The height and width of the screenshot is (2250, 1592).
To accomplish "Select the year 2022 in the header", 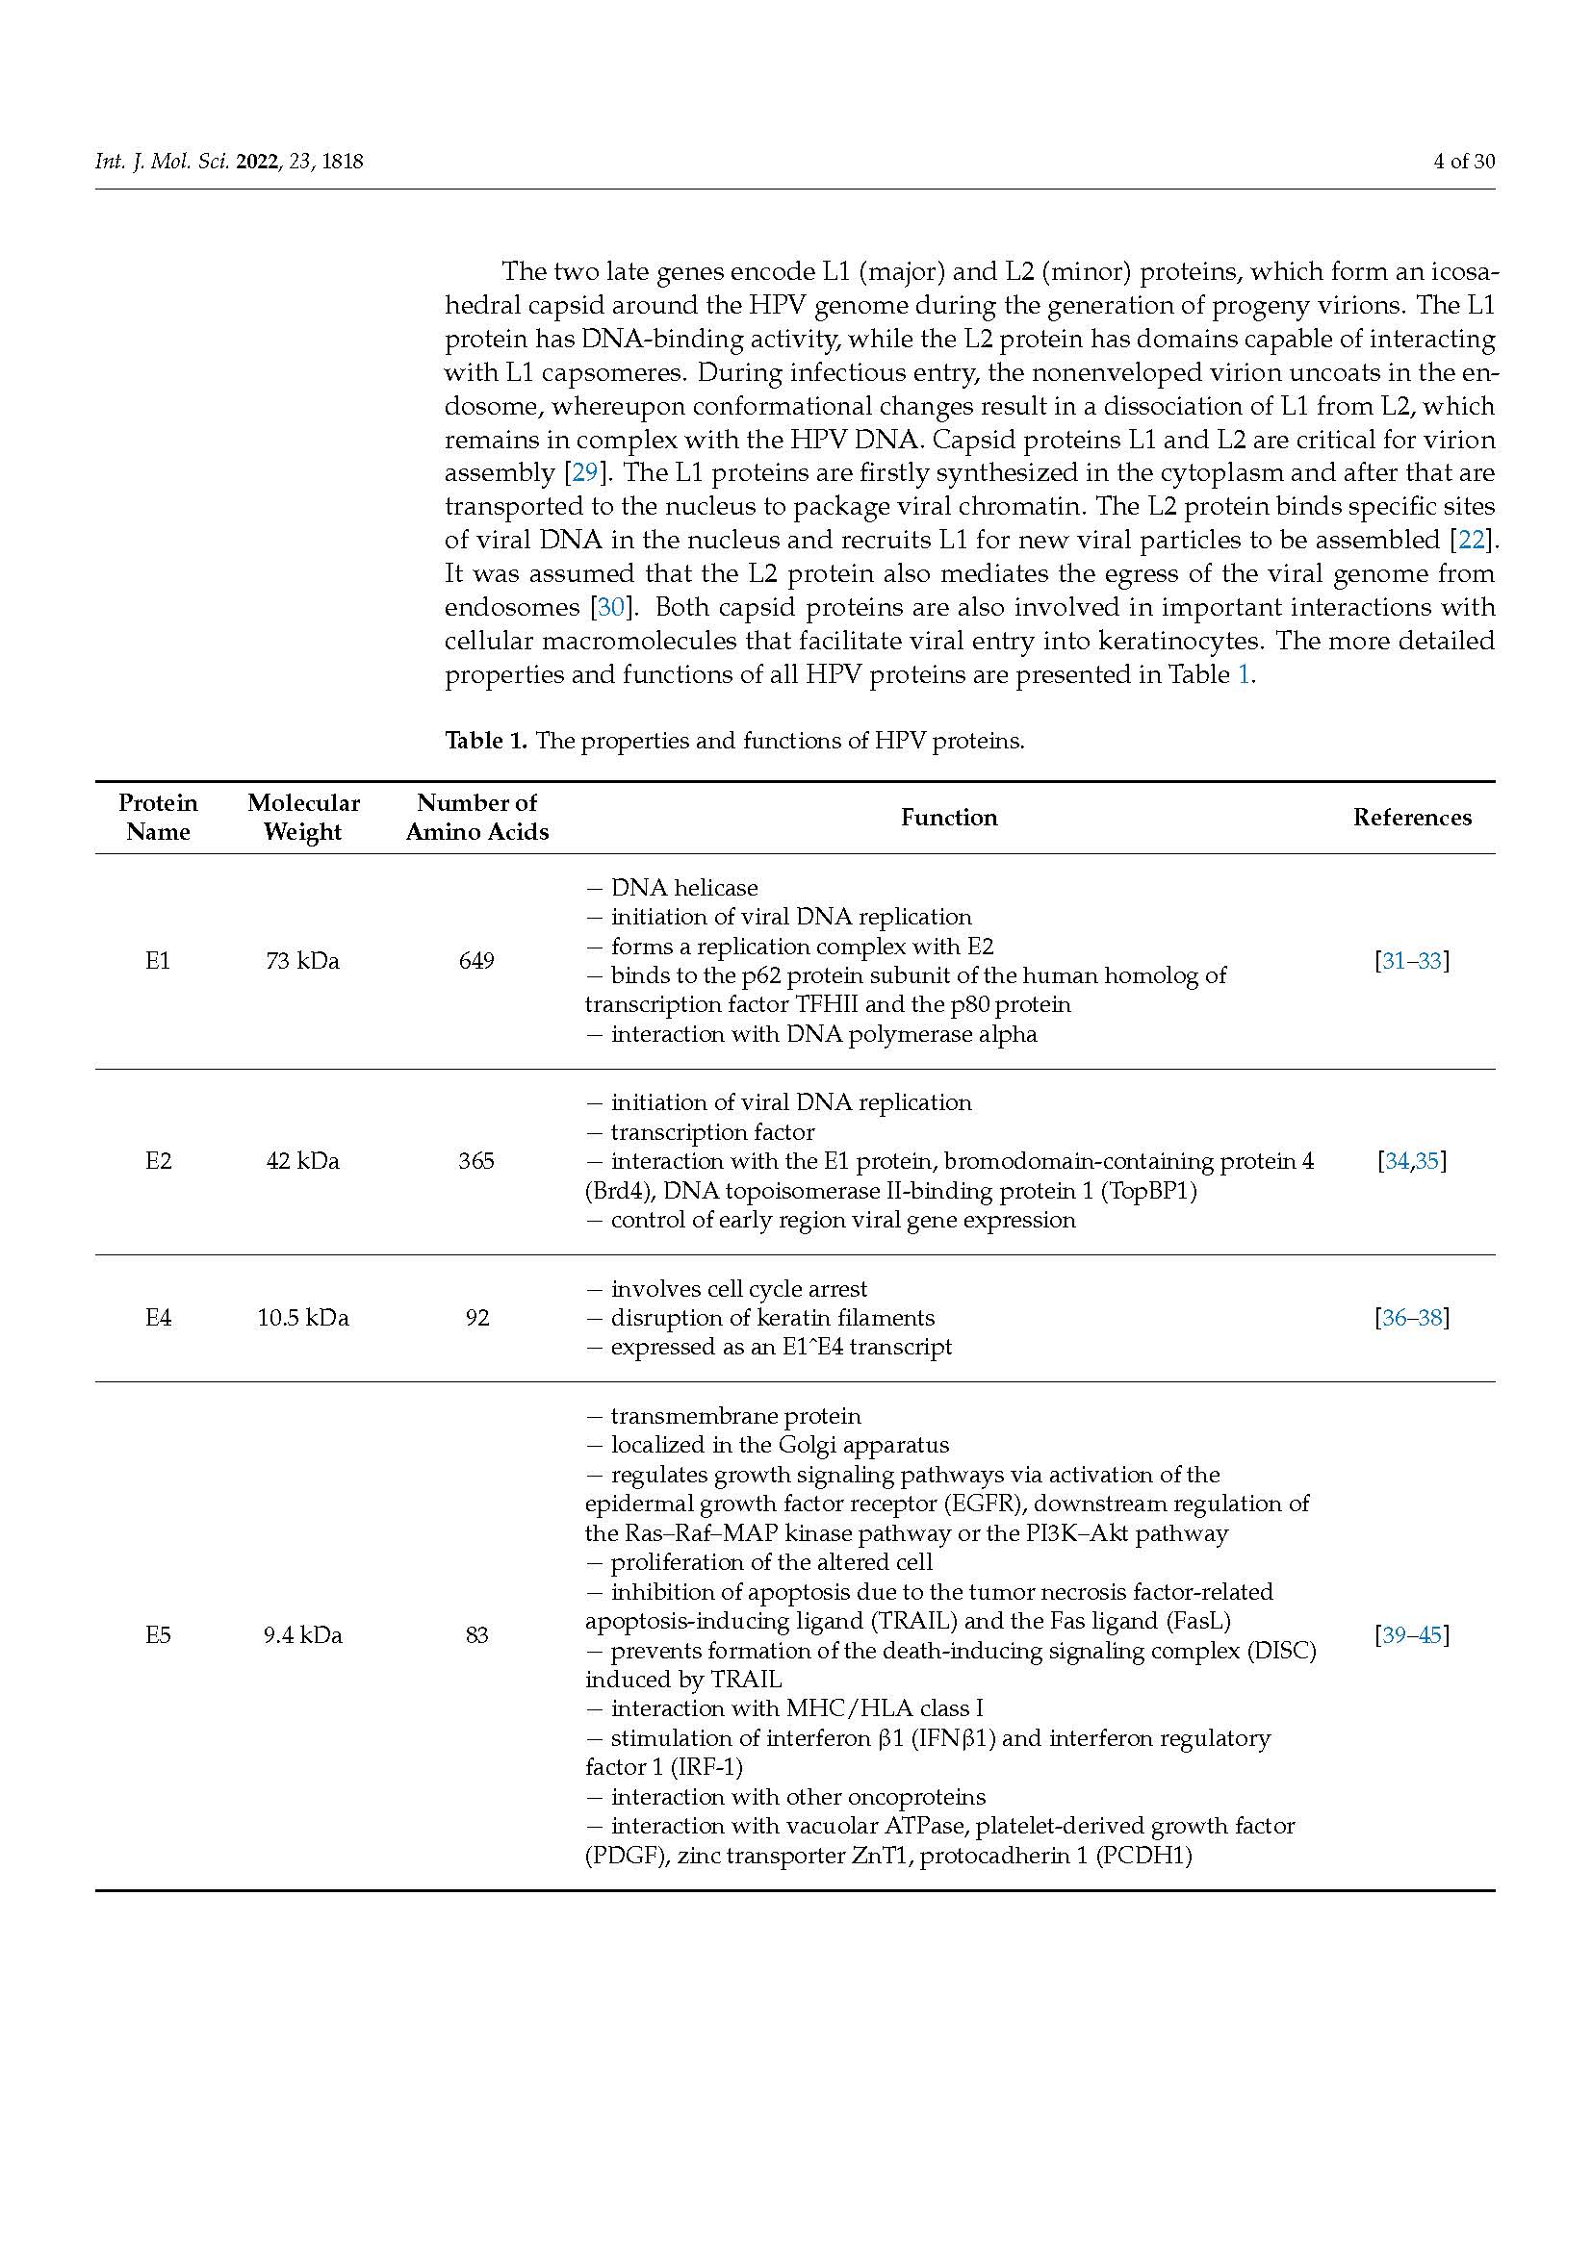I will pyautogui.click(x=258, y=162).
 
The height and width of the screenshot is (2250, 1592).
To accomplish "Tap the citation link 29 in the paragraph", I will pyautogui.click(x=584, y=473).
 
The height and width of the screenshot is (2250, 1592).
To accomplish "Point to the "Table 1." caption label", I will pyautogui.click(x=486, y=741).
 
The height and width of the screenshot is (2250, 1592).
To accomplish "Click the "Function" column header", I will pyautogui.click(x=949, y=818).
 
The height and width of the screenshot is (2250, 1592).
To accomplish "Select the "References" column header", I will pyautogui.click(x=1412, y=818).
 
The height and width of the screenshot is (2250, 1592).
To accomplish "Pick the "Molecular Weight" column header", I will pyautogui.click(x=303, y=818).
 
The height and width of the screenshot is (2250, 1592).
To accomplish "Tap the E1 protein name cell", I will pyautogui.click(x=158, y=961).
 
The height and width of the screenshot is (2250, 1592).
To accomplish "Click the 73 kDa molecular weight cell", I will pyautogui.click(x=303, y=961).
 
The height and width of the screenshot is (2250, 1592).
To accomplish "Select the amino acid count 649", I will pyautogui.click(x=476, y=961).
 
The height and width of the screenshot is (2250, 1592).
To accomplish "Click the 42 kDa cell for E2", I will pyautogui.click(x=303, y=1161).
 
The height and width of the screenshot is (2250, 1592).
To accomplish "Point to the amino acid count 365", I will pyautogui.click(x=476, y=1161).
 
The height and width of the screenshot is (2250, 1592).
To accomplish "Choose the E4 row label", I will pyautogui.click(x=158, y=1318).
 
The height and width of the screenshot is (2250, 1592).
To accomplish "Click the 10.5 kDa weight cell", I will pyautogui.click(x=303, y=1318).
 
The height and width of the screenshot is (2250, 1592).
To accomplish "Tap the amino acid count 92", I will pyautogui.click(x=476, y=1318).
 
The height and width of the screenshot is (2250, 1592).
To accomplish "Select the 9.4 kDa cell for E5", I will pyautogui.click(x=303, y=1635).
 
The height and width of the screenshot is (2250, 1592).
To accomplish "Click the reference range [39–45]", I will pyautogui.click(x=1412, y=1635).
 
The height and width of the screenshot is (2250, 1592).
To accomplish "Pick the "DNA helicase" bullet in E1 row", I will pyautogui.click(x=683, y=888).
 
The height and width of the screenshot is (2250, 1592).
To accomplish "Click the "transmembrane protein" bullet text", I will pyautogui.click(x=735, y=1416).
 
